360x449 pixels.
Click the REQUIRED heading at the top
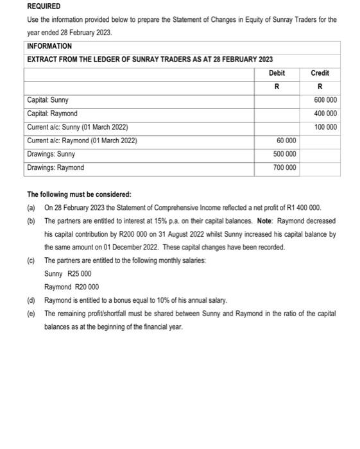(x=44, y=6)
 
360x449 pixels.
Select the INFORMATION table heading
(x=49, y=46)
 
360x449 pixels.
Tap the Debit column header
(x=277, y=73)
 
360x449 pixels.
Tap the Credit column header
(x=320, y=73)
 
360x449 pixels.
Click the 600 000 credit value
(x=325, y=100)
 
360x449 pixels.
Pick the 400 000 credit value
(x=325, y=114)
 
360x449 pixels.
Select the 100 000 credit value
(x=325, y=127)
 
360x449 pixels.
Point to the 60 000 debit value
(x=286, y=140)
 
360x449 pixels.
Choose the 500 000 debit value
(x=284, y=154)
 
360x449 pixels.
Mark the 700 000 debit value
(x=284, y=167)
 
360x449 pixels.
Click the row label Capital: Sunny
(x=48, y=100)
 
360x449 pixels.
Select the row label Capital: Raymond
(x=52, y=114)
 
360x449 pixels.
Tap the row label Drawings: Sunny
(x=51, y=154)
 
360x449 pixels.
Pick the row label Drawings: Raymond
(x=55, y=167)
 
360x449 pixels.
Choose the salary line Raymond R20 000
(x=71, y=287)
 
